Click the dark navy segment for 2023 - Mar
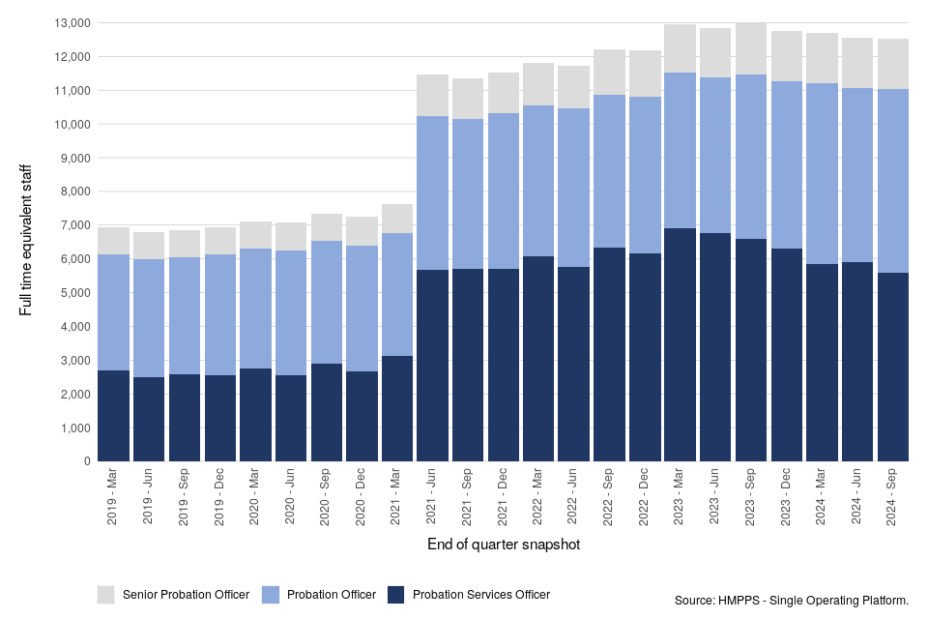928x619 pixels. point(680,345)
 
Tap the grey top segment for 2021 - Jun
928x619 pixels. point(432,95)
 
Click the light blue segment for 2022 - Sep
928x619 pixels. point(609,171)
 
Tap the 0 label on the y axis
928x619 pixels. point(87,462)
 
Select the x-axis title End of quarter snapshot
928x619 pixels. point(503,545)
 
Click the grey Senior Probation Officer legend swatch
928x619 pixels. point(105,594)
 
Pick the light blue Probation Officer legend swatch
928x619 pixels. point(272,594)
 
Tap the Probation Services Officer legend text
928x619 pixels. point(480,595)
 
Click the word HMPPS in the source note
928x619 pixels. point(740,601)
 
